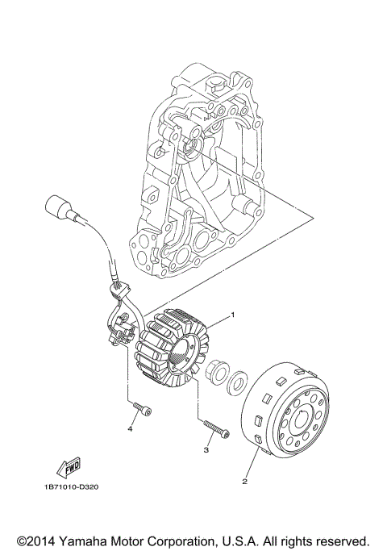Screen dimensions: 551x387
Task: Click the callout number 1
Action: coord(233,314)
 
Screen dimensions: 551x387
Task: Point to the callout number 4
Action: coord(128,430)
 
